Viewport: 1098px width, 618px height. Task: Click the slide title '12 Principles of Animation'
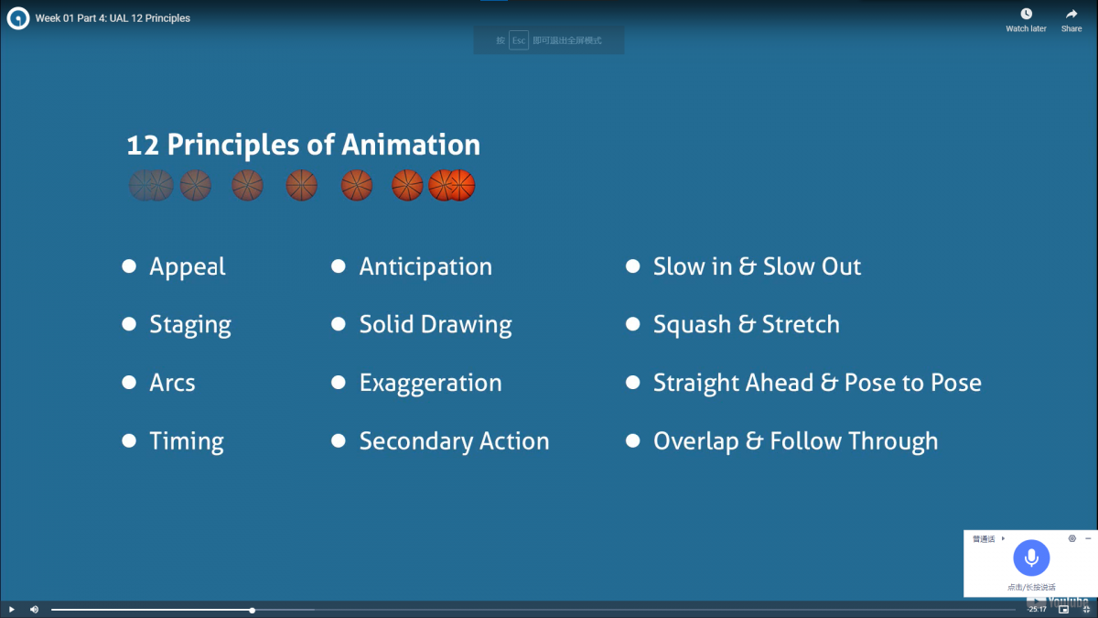coord(303,145)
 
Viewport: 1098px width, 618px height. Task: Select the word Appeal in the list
coord(188,266)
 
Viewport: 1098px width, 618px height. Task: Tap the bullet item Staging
coord(190,325)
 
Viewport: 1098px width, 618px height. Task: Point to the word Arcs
coord(172,383)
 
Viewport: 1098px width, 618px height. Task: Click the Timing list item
coord(187,441)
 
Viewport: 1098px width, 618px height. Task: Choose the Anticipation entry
coord(425,266)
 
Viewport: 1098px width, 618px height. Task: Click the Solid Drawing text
coord(436,324)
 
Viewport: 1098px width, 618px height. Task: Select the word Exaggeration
coord(430,383)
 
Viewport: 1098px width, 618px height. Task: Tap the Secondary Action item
coord(454,441)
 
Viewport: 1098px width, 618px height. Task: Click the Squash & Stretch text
coord(746,324)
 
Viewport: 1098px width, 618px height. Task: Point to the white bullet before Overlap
coord(632,441)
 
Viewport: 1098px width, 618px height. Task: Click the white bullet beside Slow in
coord(632,266)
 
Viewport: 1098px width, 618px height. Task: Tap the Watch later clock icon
coord(1026,14)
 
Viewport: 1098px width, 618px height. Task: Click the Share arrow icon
coord(1071,14)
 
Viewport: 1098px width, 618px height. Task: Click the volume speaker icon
coord(34,609)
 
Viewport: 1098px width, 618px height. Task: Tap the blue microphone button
coord(1031,558)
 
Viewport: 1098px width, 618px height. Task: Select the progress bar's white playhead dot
coord(252,610)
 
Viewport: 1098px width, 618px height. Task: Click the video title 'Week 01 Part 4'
coord(113,18)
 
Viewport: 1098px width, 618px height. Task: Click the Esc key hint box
coord(519,40)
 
